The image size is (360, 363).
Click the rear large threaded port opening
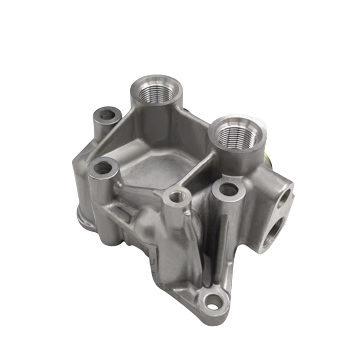tap(156, 93)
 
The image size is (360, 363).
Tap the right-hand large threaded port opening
tap(235, 134)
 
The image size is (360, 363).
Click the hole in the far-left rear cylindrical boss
tap(107, 113)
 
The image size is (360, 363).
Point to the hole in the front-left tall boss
tap(103, 168)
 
